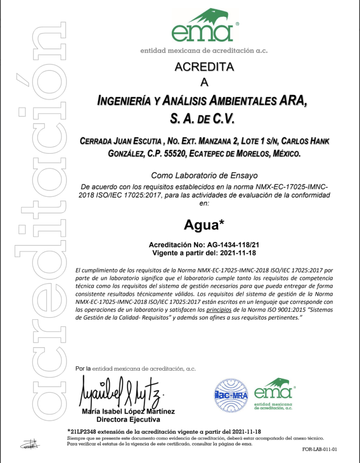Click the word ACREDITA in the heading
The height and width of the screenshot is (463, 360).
tap(204, 67)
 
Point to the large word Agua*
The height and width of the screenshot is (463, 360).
tap(204, 224)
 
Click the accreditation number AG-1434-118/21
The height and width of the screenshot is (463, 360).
tap(231, 244)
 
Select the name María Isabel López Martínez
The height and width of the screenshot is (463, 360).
tap(128, 411)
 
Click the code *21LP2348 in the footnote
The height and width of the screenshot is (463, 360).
tap(84, 431)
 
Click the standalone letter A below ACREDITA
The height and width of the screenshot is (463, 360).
tap(204, 82)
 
